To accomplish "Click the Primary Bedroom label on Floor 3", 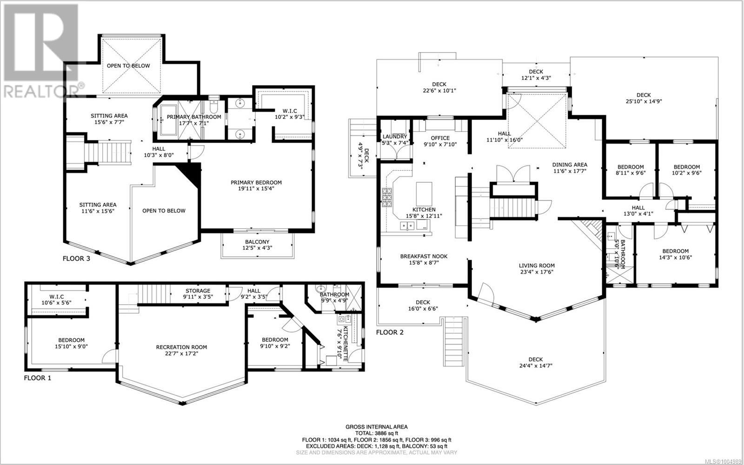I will (256, 182).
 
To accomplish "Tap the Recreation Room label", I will (181, 347).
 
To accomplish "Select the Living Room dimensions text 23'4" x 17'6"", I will (537, 272).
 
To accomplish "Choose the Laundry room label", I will (395, 137).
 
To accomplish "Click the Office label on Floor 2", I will (440, 138).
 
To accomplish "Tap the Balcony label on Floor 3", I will (257, 242).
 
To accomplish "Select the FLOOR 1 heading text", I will (38, 378).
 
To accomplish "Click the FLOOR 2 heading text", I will (390, 332).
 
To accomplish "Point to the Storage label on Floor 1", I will (198, 291).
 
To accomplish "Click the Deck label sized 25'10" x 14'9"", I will (644, 95).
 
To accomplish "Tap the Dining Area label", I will (570, 165).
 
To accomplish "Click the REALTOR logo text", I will (41, 90).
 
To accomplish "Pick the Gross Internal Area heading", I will (376, 427).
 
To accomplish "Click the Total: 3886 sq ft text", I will (376, 433).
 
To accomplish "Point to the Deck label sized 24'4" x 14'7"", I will (535, 359).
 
